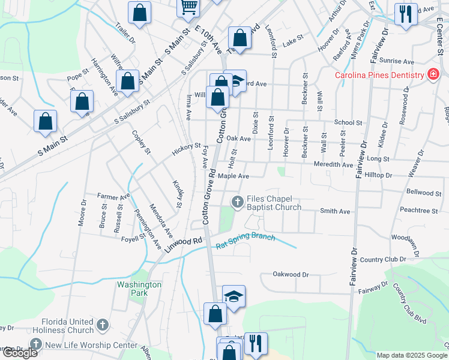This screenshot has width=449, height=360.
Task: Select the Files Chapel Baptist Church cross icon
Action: coord(238,202)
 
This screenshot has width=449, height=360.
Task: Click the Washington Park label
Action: coord(139,289)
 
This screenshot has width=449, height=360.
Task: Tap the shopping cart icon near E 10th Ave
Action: coord(188,7)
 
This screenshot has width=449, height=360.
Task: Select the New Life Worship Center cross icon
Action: coord(36,344)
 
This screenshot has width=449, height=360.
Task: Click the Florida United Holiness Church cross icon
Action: coord(102,326)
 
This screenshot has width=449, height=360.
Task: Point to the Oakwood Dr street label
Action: coord(291,274)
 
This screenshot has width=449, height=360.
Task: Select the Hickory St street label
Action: coord(186,146)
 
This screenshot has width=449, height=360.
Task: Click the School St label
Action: coord(348,122)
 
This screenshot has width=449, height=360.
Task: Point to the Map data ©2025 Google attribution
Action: coord(411,355)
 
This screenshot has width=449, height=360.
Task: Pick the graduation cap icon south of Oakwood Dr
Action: coord(234,296)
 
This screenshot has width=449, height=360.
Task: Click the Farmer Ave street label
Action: coord(114,197)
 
